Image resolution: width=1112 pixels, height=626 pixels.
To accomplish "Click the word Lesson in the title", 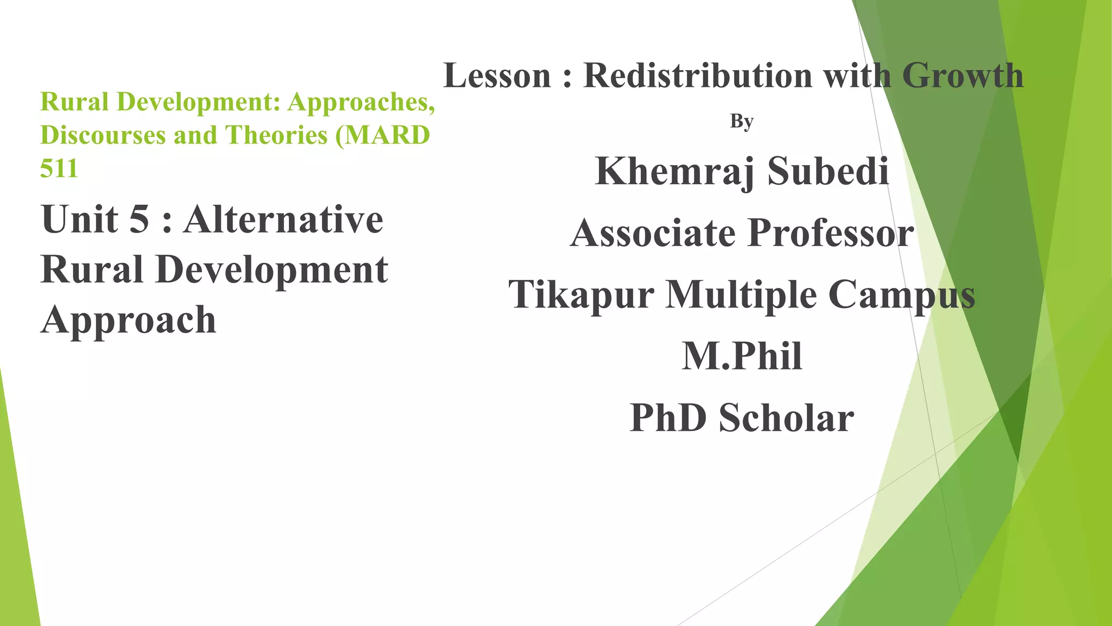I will click(x=497, y=76).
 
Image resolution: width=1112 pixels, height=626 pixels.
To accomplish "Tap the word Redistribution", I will click(x=698, y=76).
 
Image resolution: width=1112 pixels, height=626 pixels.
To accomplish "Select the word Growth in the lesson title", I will click(x=962, y=76).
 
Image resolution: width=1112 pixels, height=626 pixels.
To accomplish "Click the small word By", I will click(x=742, y=121).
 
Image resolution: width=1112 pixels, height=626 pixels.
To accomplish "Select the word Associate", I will click(x=653, y=233).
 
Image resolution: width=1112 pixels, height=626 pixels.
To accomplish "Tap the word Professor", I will click(x=831, y=233).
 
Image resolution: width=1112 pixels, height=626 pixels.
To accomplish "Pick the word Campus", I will click(x=901, y=295).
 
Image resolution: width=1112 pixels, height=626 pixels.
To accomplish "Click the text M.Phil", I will click(x=742, y=356).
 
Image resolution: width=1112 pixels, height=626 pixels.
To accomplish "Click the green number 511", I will click(x=59, y=168).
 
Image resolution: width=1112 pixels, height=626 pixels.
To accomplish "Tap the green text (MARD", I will click(x=383, y=135).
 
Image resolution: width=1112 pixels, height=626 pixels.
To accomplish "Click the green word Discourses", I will click(x=103, y=135).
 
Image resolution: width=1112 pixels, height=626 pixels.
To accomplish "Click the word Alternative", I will click(x=283, y=220).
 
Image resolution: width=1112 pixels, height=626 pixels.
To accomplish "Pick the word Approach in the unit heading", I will click(x=129, y=320).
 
